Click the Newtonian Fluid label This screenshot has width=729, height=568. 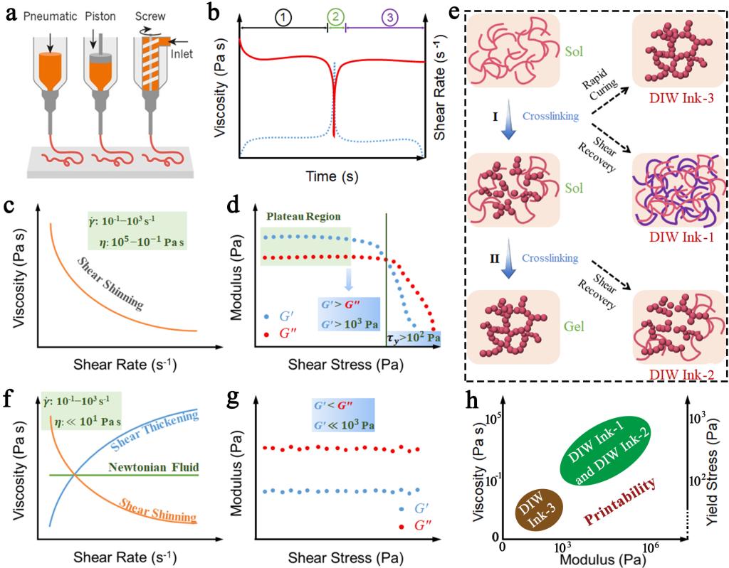pos(153,467)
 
